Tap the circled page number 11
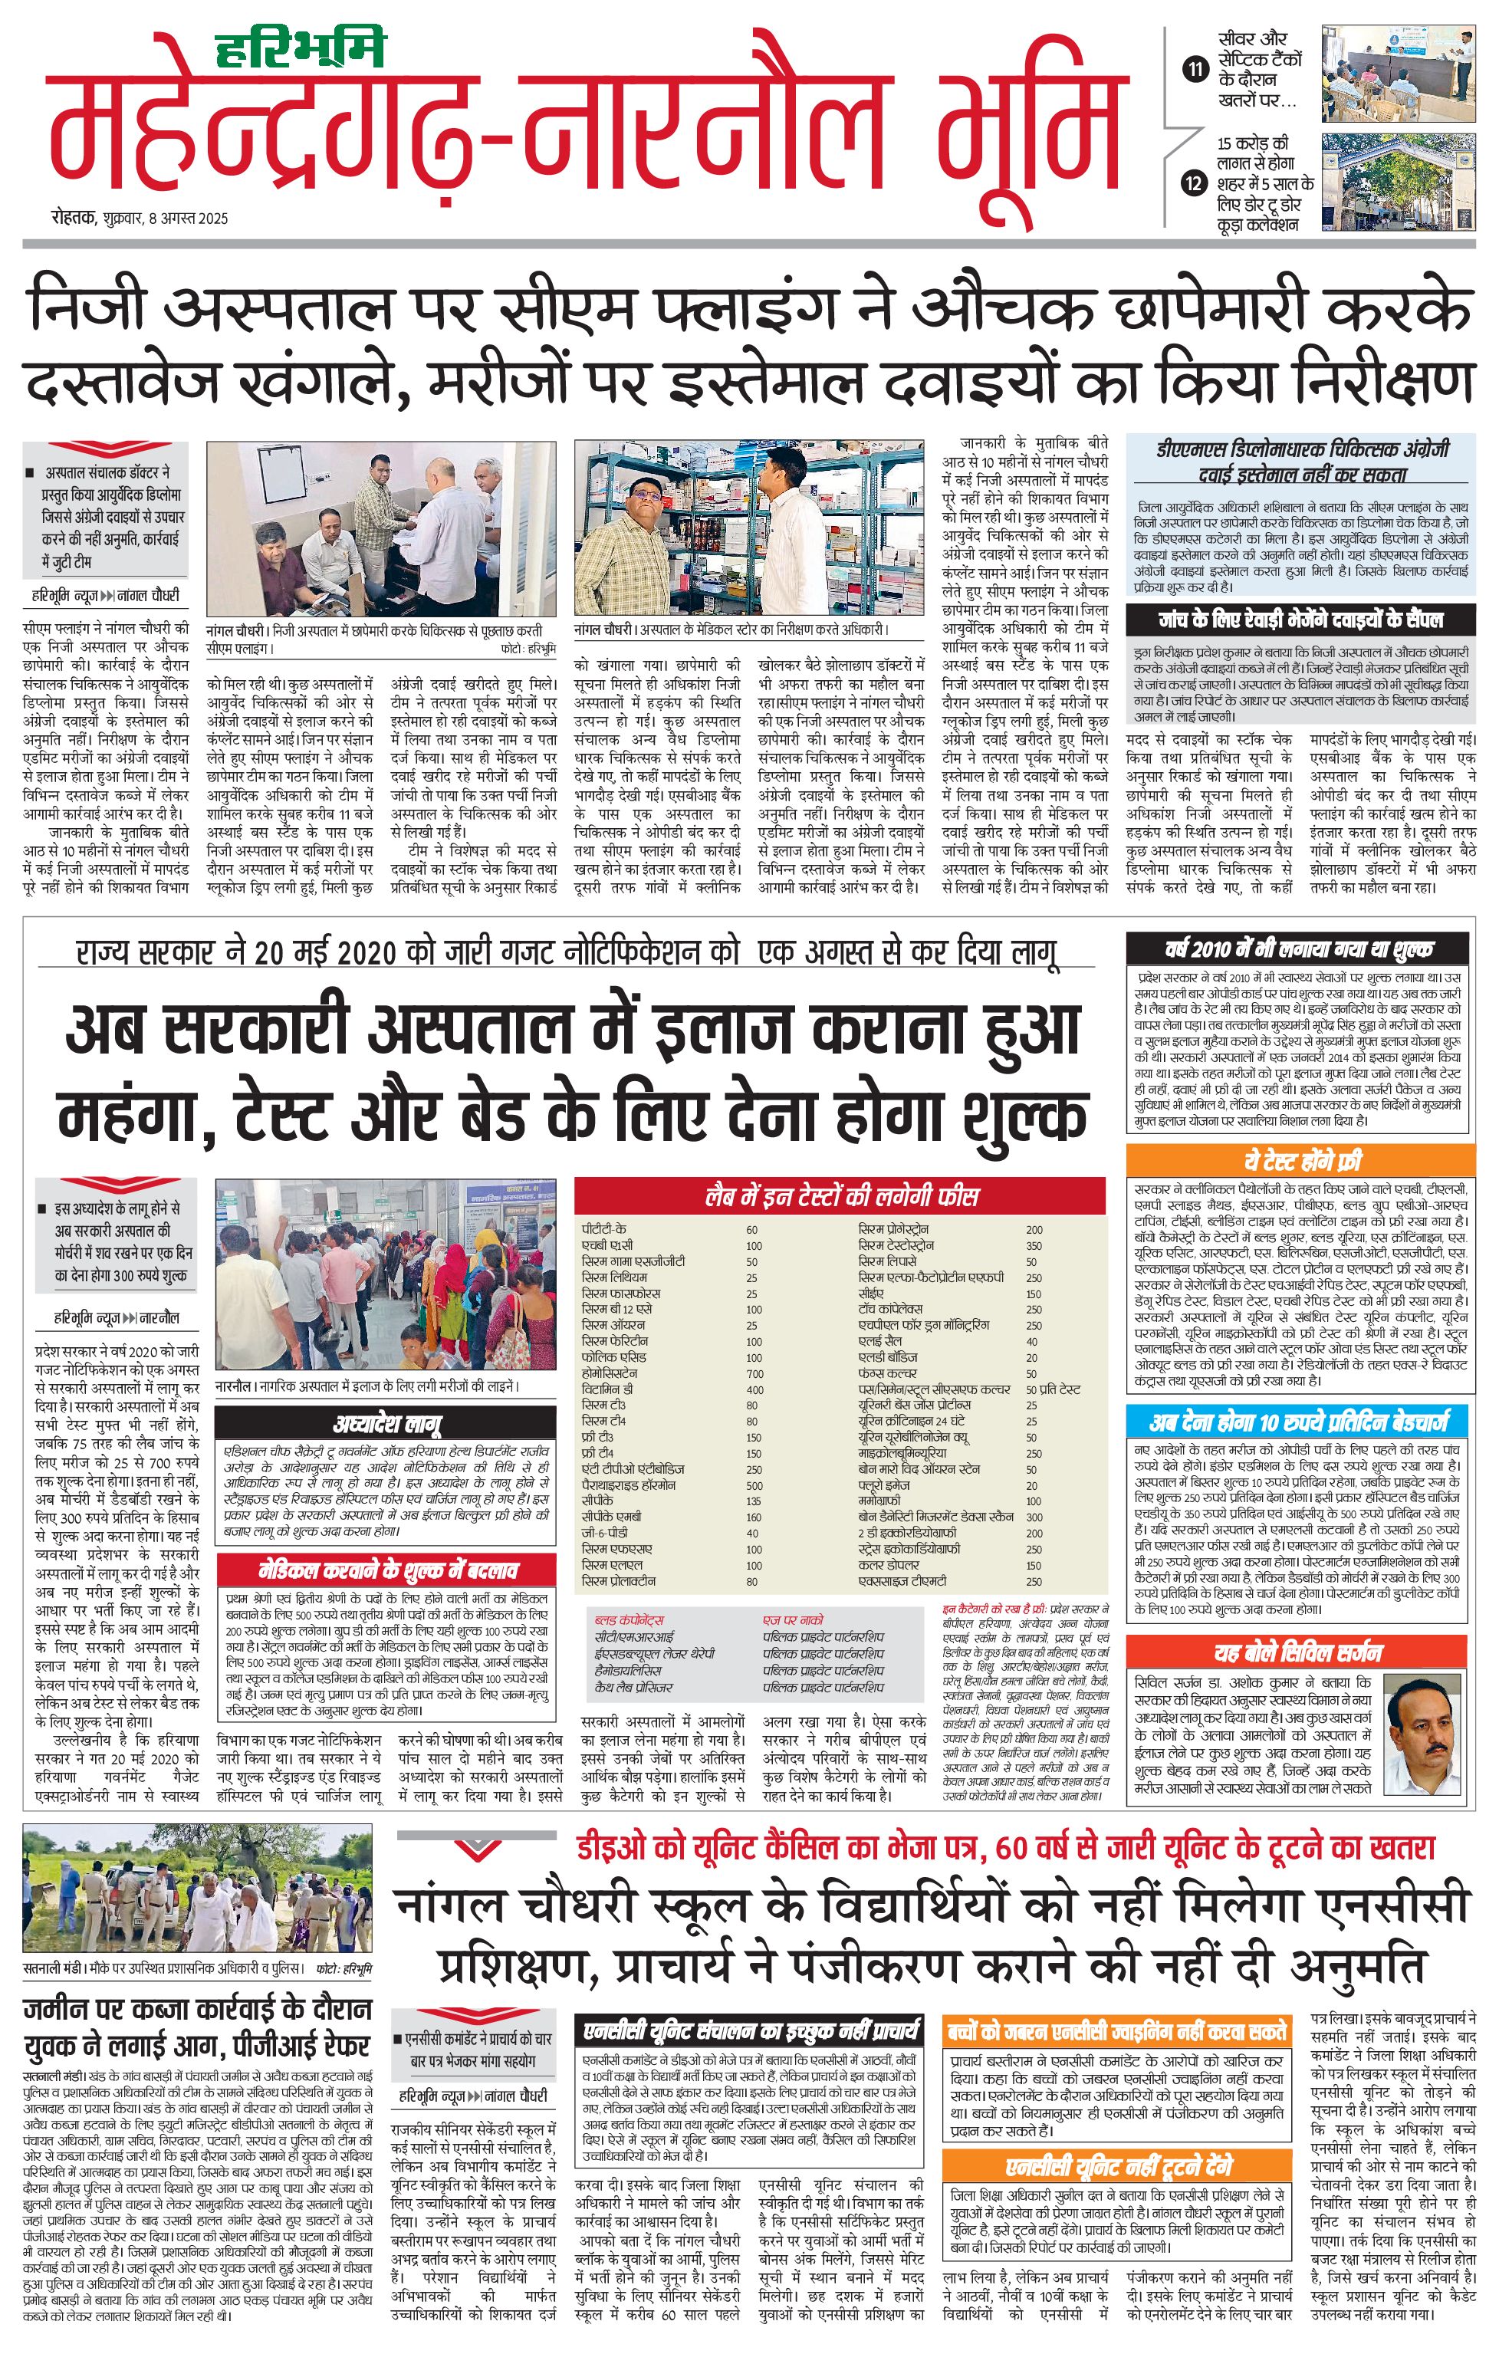point(1195,69)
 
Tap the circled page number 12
point(1195,183)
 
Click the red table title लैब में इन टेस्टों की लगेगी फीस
point(841,1196)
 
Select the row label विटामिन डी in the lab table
point(606,1389)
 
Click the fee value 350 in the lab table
point(1034,1246)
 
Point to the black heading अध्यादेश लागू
point(387,1423)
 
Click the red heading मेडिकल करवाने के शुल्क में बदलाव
point(387,1570)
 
